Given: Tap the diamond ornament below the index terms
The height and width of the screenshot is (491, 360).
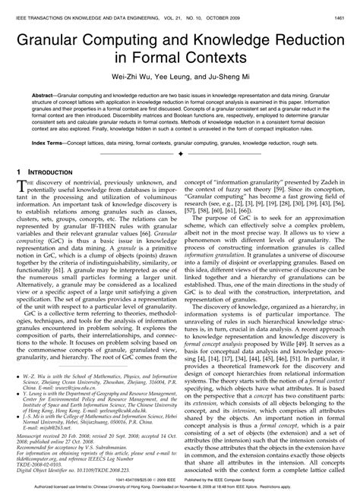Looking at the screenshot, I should (180, 153).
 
